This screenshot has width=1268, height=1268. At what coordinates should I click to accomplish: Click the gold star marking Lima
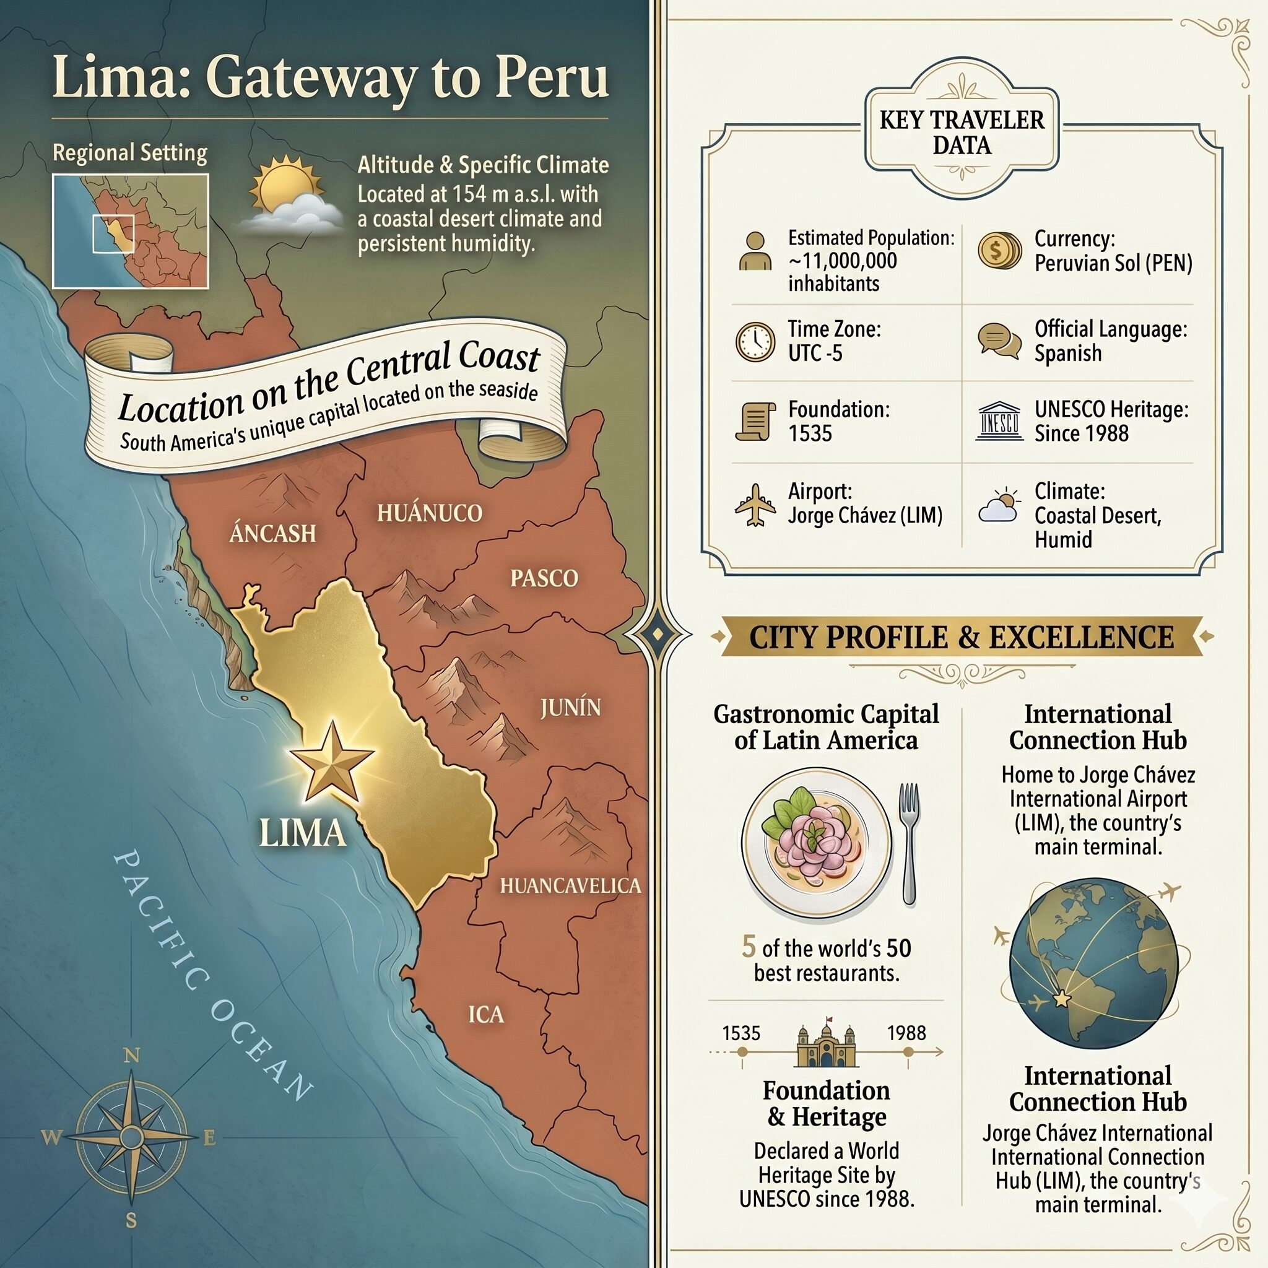[331, 763]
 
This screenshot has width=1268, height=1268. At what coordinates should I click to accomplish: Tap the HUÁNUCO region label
[429, 513]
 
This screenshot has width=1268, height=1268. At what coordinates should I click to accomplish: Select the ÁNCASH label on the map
[272, 533]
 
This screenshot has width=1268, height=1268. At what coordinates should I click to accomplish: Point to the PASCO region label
[544, 578]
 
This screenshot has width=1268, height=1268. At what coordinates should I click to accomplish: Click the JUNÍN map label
[570, 708]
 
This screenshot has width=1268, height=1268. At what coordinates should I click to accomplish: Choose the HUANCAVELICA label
[570, 885]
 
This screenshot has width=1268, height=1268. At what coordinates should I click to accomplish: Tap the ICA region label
[485, 1014]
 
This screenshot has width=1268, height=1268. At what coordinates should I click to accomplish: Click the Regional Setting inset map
[130, 231]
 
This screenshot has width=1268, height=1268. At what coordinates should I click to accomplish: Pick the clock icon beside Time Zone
[755, 341]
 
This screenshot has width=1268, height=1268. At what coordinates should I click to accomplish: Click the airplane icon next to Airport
[755, 505]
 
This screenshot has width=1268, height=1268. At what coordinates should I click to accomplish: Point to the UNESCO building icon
[999, 420]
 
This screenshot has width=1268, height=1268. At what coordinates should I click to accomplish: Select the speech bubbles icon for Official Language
[999, 341]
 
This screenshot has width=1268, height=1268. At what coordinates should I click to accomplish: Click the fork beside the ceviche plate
[909, 843]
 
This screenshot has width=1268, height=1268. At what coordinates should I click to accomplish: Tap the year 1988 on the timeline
[906, 1033]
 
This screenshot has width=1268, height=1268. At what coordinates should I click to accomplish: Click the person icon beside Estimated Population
[755, 251]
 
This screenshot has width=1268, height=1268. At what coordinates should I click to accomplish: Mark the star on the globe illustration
[1061, 999]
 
